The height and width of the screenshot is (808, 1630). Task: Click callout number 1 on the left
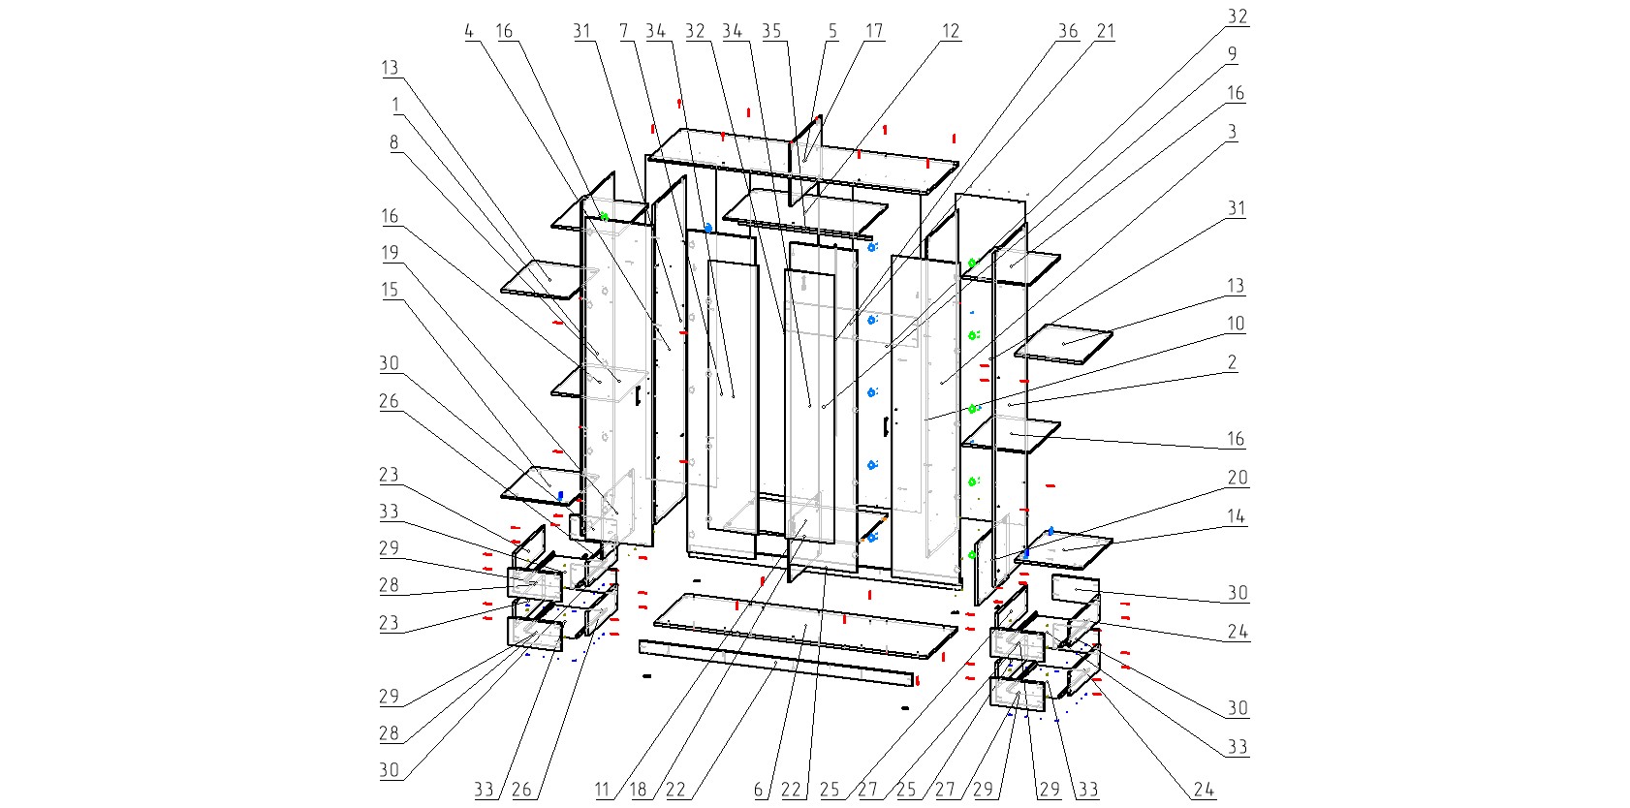[395, 105]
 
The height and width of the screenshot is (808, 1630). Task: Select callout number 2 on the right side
[1232, 362]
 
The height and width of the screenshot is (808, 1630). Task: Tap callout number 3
[1232, 132]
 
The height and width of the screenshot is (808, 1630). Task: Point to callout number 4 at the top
[469, 31]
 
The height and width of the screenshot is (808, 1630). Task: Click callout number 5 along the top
[832, 31]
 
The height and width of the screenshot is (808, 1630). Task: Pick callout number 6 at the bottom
[759, 790]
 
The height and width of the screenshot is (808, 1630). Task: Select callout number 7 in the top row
[625, 31]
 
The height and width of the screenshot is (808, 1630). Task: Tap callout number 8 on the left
[393, 142]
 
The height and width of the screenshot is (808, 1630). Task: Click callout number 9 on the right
[1232, 54]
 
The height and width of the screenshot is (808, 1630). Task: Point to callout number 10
[1236, 324]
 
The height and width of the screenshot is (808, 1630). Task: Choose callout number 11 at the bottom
[603, 790]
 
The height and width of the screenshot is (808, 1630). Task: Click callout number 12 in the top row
[951, 31]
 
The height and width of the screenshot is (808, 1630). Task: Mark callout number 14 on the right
[1236, 516]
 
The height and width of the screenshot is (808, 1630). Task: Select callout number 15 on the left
[390, 290]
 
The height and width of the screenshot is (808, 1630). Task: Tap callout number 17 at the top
[874, 31]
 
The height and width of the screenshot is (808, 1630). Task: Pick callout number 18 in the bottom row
[638, 790]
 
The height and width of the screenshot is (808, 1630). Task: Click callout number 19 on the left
[390, 253]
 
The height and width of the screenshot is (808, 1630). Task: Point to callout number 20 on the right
[1238, 478]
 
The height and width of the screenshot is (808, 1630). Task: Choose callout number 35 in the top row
[771, 31]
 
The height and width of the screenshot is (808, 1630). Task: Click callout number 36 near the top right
[1068, 31]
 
